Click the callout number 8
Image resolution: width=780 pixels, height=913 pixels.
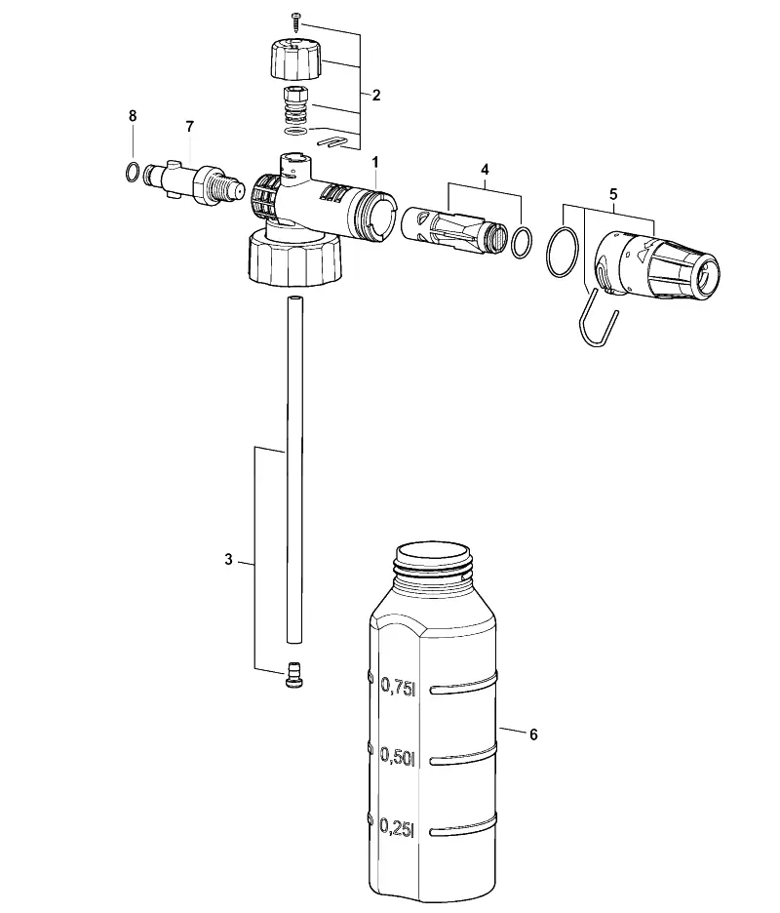pos(133,116)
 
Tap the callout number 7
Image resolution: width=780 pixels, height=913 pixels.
pos(190,127)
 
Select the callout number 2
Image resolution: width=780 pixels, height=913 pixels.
pos(376,95)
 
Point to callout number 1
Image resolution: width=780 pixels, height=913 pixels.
pos(375,162)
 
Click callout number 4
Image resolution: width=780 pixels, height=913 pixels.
pos(485,170)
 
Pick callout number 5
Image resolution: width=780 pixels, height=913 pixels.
pos(613,194)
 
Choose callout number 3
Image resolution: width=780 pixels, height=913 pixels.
pos(229,560)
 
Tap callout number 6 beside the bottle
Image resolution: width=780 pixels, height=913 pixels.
pos(533,734)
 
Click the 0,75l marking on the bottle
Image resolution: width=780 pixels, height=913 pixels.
pos(398,686)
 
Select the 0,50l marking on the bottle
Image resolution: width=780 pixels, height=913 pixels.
pos(398,756)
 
